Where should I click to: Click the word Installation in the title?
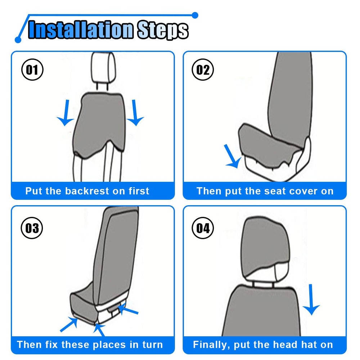point(81,30)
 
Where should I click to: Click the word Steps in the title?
point(163,31)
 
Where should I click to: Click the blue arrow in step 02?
point(232,156)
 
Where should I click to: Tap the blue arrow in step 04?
point(311,300)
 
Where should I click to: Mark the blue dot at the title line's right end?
point(195,15)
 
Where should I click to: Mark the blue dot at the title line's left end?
point(18,40)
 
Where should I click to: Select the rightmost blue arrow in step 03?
point(128,309)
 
